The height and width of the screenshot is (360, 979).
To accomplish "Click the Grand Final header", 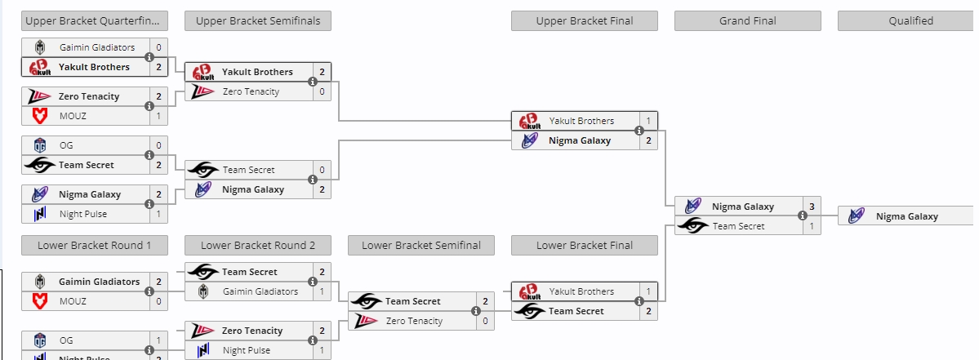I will [x=747, y=20].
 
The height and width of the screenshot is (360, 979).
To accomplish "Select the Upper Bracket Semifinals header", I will [x=258, y=20].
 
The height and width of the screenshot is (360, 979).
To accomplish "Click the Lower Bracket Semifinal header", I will [x=421, y=245].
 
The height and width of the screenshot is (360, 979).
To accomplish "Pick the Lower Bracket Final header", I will [x=585, y=245].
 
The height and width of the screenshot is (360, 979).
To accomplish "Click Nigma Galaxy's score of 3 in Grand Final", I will [x=812, y=207].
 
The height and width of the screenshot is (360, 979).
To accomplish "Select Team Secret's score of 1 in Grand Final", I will [x=812, y=226].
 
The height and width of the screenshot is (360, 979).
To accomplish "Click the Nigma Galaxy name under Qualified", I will [x=906, y=216].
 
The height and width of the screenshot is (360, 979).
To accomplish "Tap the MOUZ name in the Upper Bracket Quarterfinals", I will [x=73, y=116].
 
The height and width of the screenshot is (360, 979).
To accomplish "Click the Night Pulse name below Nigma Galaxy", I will [x=82, y=214].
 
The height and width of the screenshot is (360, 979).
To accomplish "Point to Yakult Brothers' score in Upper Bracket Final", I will [x=648, y=121].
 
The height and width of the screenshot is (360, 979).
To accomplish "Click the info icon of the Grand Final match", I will [x=803, y=216].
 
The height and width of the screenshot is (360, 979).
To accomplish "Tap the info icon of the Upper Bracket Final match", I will [x=639, y=131].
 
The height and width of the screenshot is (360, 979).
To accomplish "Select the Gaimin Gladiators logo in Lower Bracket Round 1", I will [x=39, y=282].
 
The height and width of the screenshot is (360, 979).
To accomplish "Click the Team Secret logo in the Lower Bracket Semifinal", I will [x=366, y=301].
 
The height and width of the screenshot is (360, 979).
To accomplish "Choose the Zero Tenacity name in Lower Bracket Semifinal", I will [x=414, y=321].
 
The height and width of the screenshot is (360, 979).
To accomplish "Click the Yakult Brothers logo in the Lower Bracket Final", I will [x=529, y=291].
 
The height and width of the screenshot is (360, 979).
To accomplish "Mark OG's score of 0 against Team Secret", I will [x=158, y=145].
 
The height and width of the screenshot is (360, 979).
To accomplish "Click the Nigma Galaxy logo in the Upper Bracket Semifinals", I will [x=202, y=189].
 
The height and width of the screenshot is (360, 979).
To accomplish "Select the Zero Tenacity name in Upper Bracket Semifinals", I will [x=251, y=91].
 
